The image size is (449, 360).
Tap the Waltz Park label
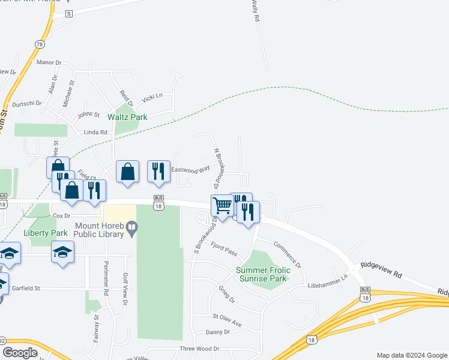[x=127, y=117]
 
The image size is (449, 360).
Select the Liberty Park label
[x=46, y=233]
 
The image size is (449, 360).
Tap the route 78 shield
[x=40, y=44]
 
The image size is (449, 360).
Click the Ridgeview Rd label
[x=381, y=269]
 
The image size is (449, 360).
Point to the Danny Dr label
[x=217, y=332]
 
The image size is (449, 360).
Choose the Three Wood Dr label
[x=200, y=349]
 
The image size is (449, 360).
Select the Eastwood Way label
[x=190, y=170]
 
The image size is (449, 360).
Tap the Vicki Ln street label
[x=152, y=98]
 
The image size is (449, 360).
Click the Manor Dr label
[x=49, y=62]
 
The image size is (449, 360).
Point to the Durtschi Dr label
[x=27, y=103]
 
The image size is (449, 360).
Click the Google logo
[x=20, y=353]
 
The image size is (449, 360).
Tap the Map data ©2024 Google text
[x=411, y=355]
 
